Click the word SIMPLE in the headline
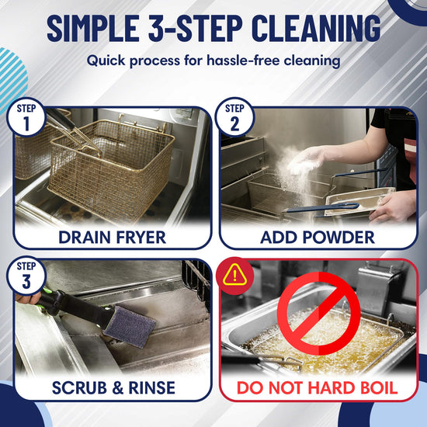(x=93, y=28)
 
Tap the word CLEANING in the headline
(x=316, y=28)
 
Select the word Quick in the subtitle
(x=106, y=61)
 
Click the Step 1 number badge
(x=26, y=117)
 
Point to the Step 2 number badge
(x=234, y=117)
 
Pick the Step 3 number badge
(x=26, y=276)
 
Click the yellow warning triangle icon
(x=234, y=275)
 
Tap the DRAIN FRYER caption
(x=112, y=238)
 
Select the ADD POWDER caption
(x=318, y=238)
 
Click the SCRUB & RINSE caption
(x=113, y=387)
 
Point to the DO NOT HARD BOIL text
(x=318, y=387)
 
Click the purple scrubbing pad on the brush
(x=130, y=326)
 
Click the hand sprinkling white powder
(x=307, y=161)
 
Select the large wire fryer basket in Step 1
(x=111, y=168)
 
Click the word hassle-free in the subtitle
(x=243, y=61)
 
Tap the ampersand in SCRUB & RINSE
(x=118, y=387)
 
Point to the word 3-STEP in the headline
(x=195, y=28)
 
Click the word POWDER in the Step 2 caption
(x=338, y=238)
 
